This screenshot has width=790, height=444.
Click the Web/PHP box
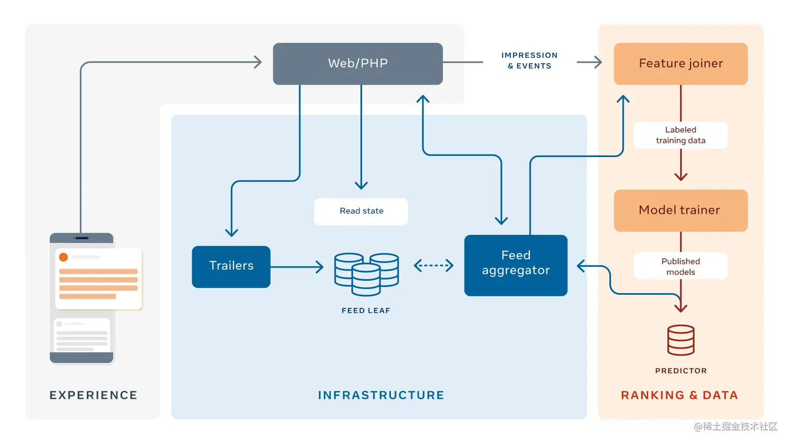(357, 64)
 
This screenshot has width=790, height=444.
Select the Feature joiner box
(680, 64)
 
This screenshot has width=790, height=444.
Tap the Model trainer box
(680, 210)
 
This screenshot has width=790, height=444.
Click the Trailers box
(231, 266)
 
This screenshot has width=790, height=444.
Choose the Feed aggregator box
(515, 265)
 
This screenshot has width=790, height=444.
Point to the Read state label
(361, 211)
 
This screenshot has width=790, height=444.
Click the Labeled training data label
(680, 135)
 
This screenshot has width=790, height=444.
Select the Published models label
(680, 266)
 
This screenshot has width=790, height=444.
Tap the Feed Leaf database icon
(366, 273)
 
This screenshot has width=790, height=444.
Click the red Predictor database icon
(680, 340)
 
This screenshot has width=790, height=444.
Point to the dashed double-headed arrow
(433, 266)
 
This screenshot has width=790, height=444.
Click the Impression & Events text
(529, 61)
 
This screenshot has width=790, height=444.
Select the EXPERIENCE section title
(94, 395)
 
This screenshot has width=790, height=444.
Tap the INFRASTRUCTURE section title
(381, 395)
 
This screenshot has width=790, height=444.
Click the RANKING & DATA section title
(679, 395)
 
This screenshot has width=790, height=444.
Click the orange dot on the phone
(63, 257)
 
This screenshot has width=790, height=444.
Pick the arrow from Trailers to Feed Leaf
(297, 267)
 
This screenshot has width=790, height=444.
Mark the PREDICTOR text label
(680, 371)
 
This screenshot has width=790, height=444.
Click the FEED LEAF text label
(366, 310)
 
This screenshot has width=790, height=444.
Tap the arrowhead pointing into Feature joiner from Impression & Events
(597, 63)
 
